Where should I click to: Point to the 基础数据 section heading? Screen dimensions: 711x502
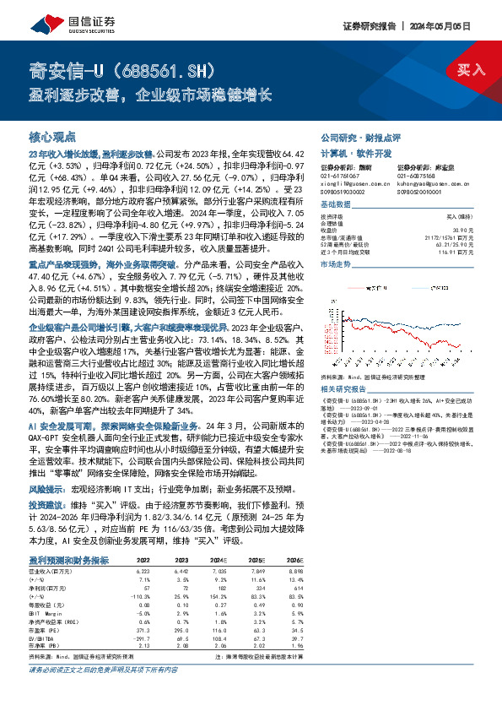pyautogui.click(x=335, y=205)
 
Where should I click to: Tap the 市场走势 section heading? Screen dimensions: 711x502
pyautogui.click(x=335, y=264)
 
